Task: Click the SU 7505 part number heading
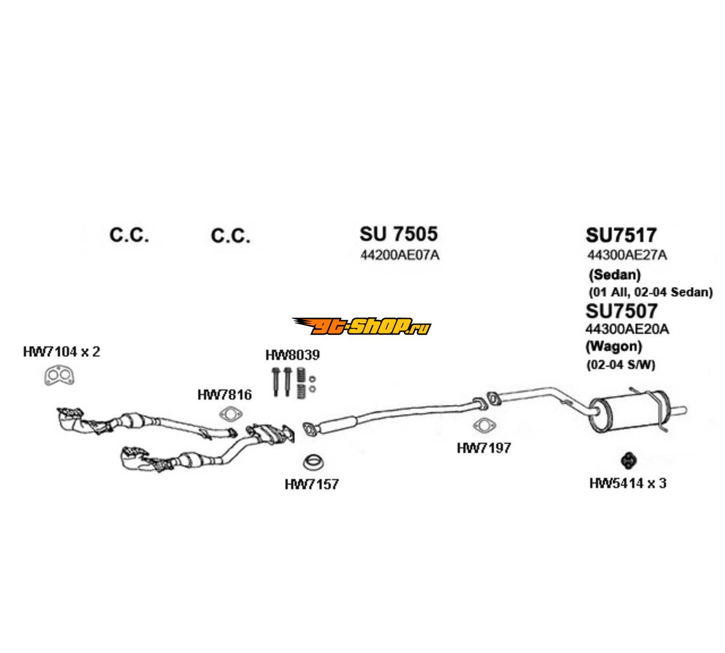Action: coord(398,234)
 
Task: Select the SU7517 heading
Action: coord(621,235)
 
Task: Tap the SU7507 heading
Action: coord(621,311)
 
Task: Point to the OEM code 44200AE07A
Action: coord(400,255)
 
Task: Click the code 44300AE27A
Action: coord(627,255)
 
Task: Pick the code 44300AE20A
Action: coord(627,329)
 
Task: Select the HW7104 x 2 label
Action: coord(61,352)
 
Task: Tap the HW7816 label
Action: coord(224,395)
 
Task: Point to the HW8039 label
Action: coord(292,355)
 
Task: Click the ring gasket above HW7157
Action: coord(313,462)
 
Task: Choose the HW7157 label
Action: coord(312,483)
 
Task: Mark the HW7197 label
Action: coord(483,448)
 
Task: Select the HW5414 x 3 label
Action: coord(627,483)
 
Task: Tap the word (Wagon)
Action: coord(613,346)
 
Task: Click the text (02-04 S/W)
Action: coord(621,365)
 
